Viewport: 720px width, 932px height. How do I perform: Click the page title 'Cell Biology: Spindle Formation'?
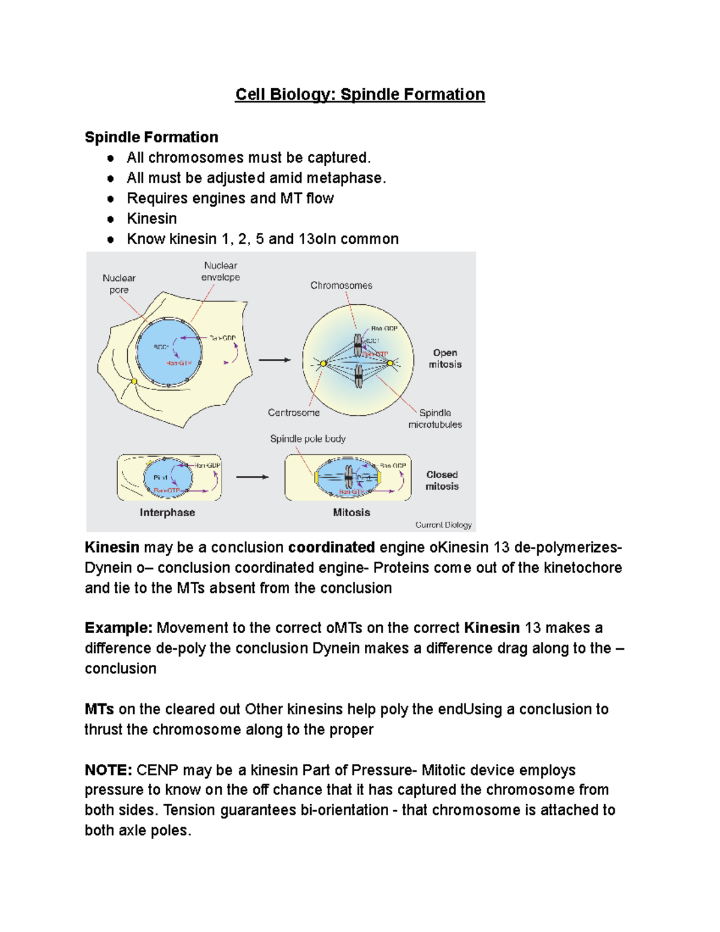click(x=360, y=95)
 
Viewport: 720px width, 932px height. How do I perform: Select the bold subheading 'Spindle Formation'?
click(x=151, y=137)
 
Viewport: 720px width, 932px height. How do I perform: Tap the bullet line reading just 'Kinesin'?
click(x=152, y=218)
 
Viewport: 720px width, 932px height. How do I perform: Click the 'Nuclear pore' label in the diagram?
click(x=119, y=284)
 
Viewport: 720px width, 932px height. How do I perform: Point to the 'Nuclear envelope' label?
click(x=220, y=271)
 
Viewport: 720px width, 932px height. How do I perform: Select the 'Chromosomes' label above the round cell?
click(x=341, y=286)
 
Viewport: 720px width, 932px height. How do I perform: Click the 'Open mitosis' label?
click(x=445, y=358)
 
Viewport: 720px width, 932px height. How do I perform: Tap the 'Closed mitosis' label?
click(x=442, y=481)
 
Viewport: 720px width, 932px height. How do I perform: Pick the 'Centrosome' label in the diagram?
click(x=293, y=413)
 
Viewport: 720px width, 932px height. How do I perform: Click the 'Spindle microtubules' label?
click(x=435, y=419)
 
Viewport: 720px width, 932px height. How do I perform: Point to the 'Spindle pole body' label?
click(x=308, y=439)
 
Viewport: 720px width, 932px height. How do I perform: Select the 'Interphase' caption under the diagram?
click(x=167, y=513)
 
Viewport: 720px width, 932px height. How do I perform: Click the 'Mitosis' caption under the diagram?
click(x=352, y=513)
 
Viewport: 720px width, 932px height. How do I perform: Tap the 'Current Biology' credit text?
click(x=443, y=525)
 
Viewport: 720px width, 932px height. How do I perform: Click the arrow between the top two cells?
click(x=274, y=360)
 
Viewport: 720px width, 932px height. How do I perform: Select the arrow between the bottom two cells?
click(x=252, y=477)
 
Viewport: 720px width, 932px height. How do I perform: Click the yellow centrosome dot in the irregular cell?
click(x=134, y=381)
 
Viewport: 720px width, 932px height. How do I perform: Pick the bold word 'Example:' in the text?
click(x=119, y=628)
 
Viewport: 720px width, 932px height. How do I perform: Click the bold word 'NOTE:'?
click(x=108, y=770)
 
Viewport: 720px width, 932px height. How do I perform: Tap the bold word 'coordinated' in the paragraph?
click(x=331, y=547)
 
